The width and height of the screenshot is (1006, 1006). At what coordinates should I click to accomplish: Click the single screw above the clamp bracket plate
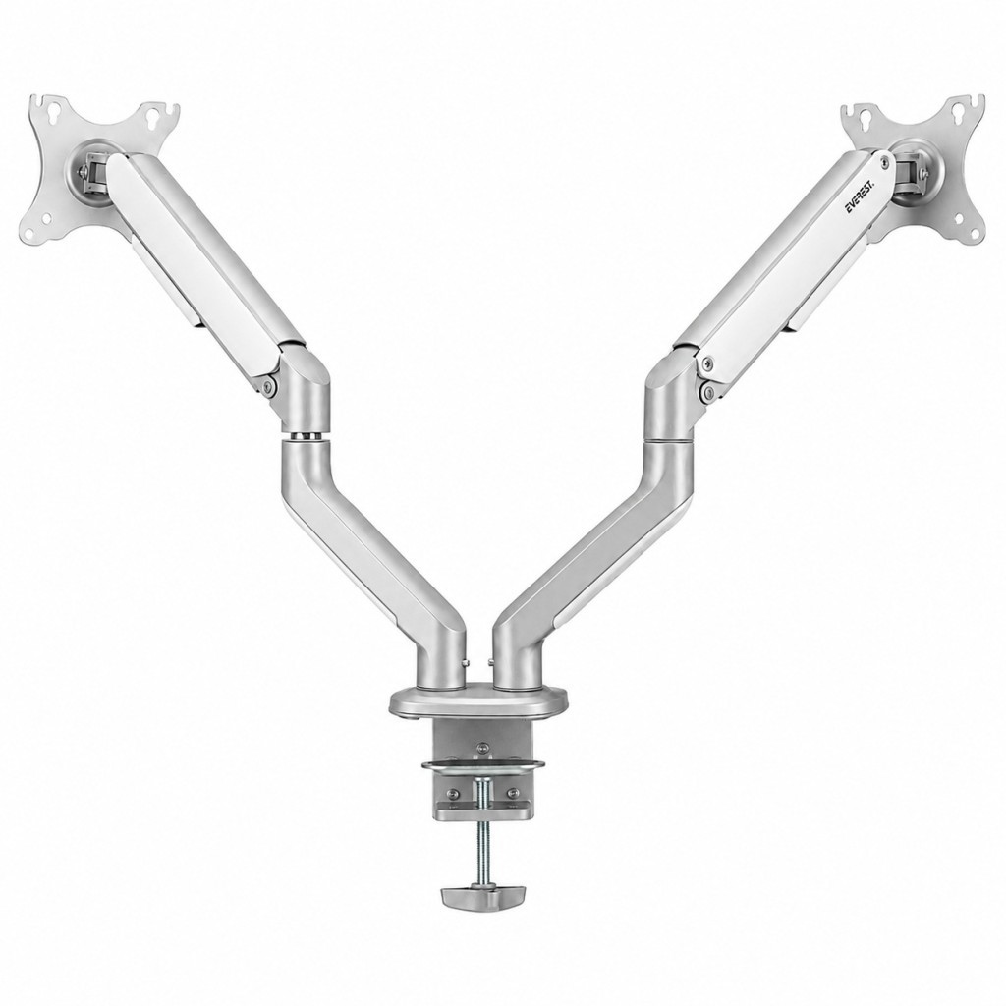[481, 747]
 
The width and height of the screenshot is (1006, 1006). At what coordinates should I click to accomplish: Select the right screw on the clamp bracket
[512, 793]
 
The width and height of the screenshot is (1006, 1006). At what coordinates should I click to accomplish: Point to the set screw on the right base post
[491, 661]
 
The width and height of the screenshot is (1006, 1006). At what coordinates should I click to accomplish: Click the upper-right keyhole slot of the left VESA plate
[153, 116]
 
